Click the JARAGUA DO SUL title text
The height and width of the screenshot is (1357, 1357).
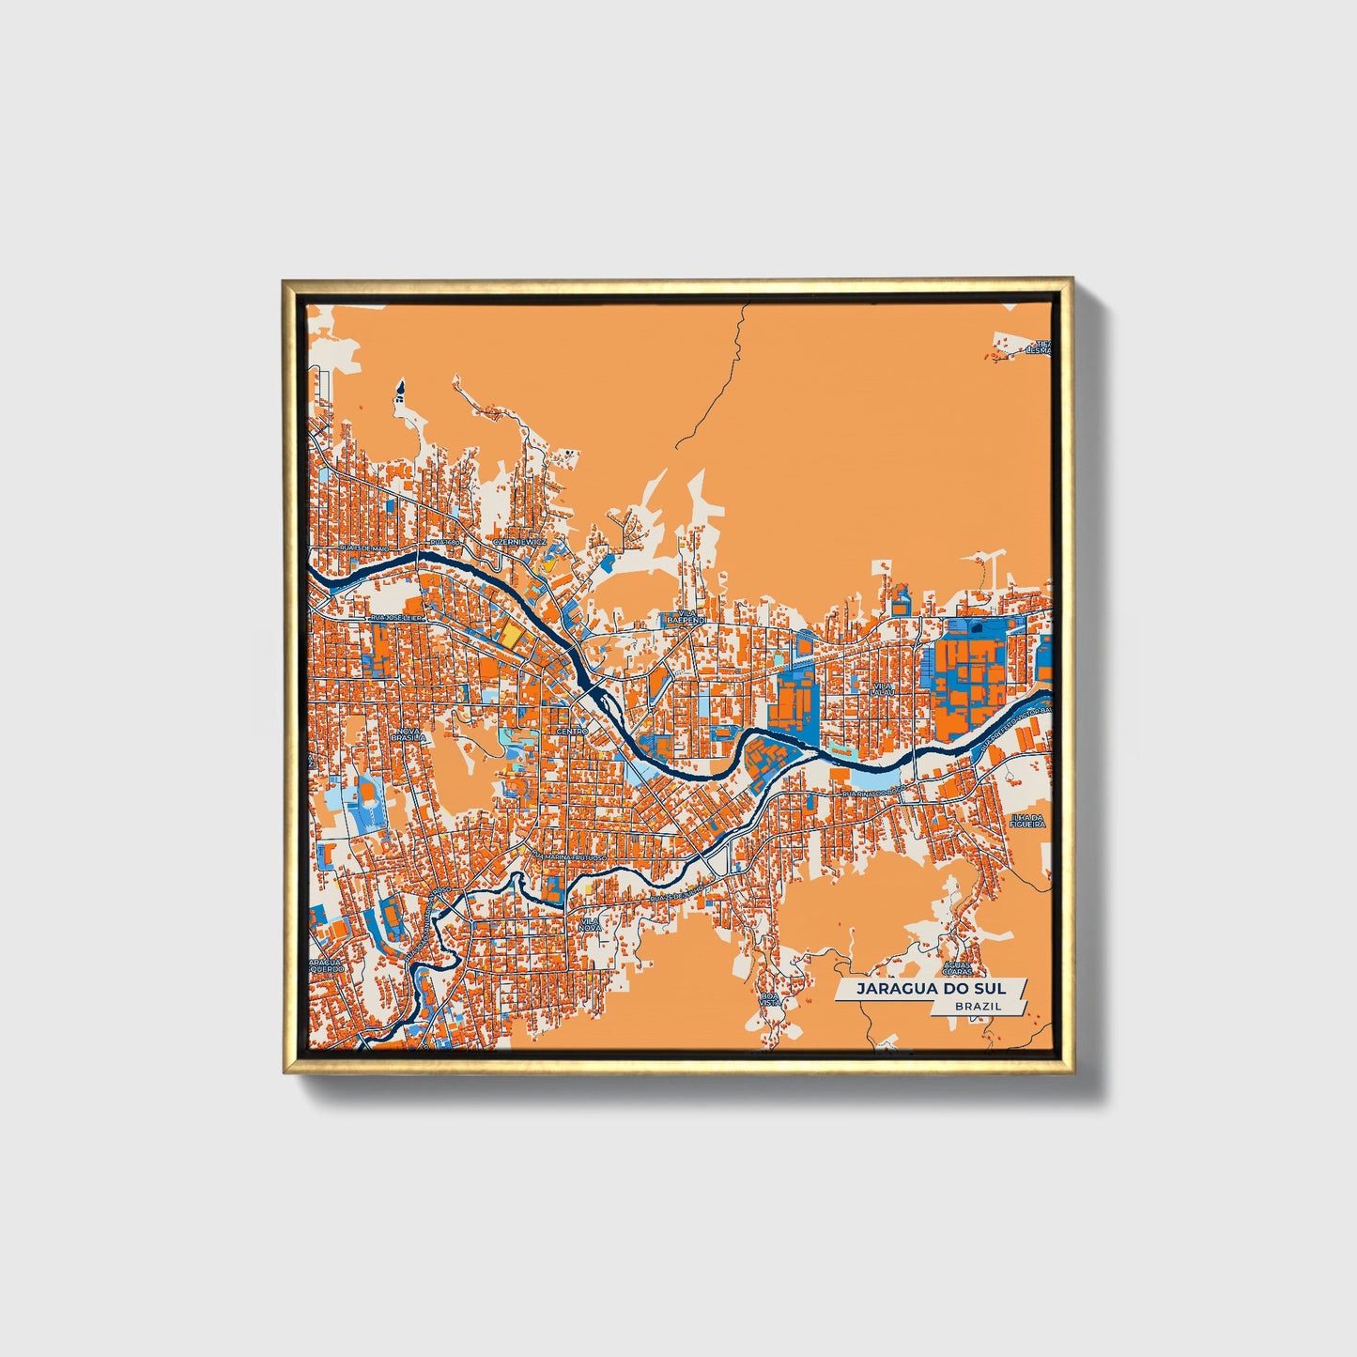pos(929,989)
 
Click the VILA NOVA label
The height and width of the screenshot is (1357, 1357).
pos(590,925)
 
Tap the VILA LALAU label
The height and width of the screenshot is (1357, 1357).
pos(881,690)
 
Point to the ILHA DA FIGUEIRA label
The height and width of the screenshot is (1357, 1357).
pos(1027,820)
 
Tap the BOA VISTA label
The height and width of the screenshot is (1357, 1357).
pos(770,998)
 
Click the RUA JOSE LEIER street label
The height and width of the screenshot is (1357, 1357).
pos(399,618)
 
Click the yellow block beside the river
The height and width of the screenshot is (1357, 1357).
pos(509,634)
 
